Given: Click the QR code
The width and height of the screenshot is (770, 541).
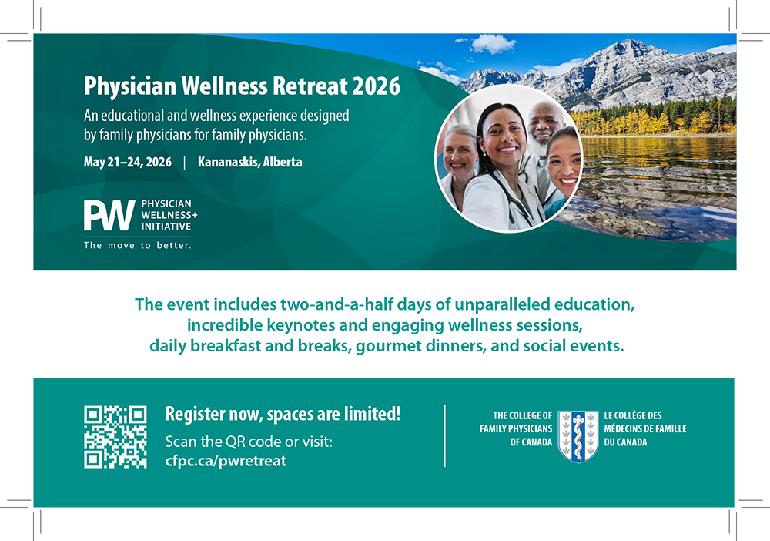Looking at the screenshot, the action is (x=115, y=437).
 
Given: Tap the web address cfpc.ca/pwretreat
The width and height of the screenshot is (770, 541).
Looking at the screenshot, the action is (x=226, y=461).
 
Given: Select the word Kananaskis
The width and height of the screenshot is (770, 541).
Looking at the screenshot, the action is (x=229, y=162).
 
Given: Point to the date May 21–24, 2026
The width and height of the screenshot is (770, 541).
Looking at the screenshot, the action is (x=128, y=162).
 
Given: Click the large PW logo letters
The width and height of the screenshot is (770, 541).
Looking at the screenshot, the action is (x=109, y=215).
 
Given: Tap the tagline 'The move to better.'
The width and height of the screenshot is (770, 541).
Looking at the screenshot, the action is (x=138, y=245).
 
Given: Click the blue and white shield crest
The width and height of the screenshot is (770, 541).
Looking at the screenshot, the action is (x=578, y=436).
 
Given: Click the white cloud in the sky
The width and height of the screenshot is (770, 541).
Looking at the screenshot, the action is (x=493, y=44).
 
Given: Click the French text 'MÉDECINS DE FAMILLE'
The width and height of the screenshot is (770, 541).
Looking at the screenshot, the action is (x=645, y=428).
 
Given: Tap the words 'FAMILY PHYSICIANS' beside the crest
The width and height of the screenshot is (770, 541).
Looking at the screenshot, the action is (x=516, y=428).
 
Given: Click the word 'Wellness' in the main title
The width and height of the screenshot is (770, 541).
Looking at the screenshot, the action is (x=224, y=86).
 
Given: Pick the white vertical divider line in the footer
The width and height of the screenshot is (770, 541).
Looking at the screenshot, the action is (x=444, y=436).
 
